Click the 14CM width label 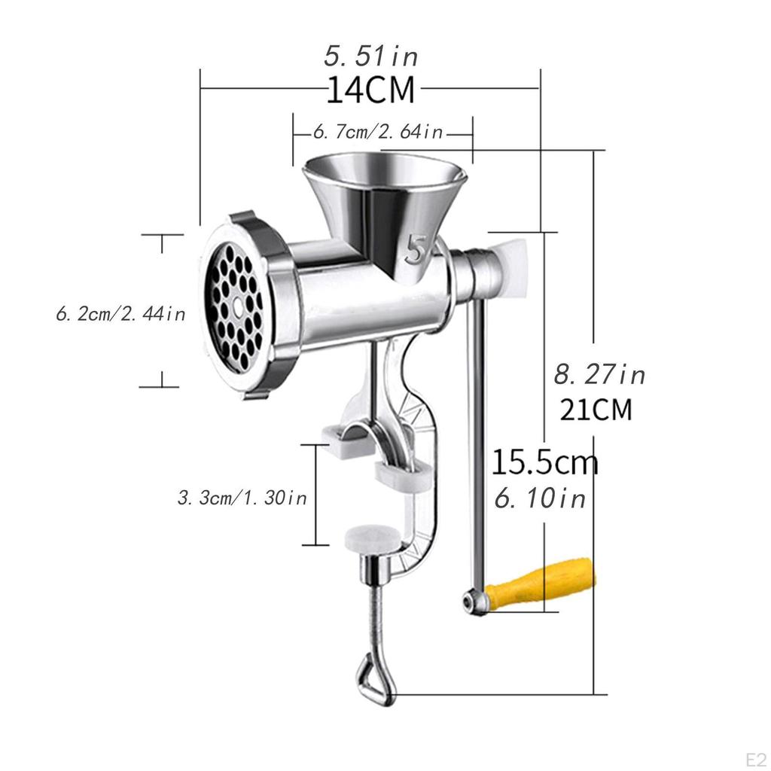pos(370,90)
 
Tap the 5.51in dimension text pos(370,56)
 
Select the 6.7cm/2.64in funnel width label pos(378,133)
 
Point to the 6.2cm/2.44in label pos(120,313)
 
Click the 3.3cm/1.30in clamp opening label pos(242,498)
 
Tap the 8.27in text pos(599,374)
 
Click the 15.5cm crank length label pos(544,463)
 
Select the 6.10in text pos(539,498)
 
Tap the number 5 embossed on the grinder pos(416,249)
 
